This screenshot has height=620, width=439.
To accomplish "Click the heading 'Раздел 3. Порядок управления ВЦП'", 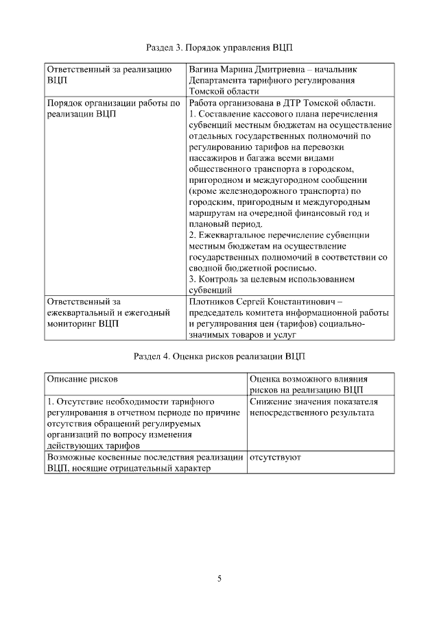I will tap(219, 47).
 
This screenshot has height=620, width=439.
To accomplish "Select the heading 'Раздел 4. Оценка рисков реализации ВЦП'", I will tap(219, 357).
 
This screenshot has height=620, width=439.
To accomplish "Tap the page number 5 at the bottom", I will tap(219, 579).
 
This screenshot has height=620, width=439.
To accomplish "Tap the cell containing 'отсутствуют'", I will tap(275, 456).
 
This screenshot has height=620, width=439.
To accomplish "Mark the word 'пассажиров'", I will tap(211, 158).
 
